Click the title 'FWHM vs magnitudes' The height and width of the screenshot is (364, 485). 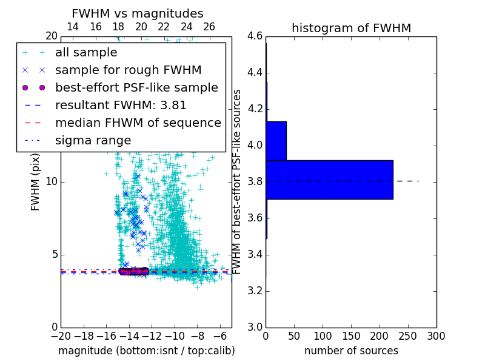[x=137, y=13]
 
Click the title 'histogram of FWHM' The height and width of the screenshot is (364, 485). [x=351, y=28]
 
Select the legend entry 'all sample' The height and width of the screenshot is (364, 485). [x=86, y=53]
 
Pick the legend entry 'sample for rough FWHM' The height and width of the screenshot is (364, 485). [x=128, y=70]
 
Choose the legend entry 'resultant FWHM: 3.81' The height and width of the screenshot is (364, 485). [x=121, y=105]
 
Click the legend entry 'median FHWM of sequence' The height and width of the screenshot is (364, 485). [x=138, y=123]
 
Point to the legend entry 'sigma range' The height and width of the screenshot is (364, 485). [x=93, y=140]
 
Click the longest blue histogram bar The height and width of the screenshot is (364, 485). [x=329, y=180]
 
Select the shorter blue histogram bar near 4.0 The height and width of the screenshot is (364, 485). [x=276, y=141]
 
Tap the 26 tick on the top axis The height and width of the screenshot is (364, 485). [x=209, y=27]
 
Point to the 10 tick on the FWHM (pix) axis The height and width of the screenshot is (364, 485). [x=51, y=182]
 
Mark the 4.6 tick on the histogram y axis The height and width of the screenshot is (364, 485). [x=255, y=36]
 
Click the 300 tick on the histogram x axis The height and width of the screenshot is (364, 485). [x=436, y=335]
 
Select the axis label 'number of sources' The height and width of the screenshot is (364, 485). [x=351, y=351]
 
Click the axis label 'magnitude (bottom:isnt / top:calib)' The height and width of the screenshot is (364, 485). [x=146, y=351]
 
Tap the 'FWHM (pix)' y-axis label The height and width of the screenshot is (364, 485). [x=36, y=181]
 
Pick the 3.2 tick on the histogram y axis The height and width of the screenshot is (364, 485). [x=255, y=291]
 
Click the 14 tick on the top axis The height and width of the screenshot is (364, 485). [x=72, y=27]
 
